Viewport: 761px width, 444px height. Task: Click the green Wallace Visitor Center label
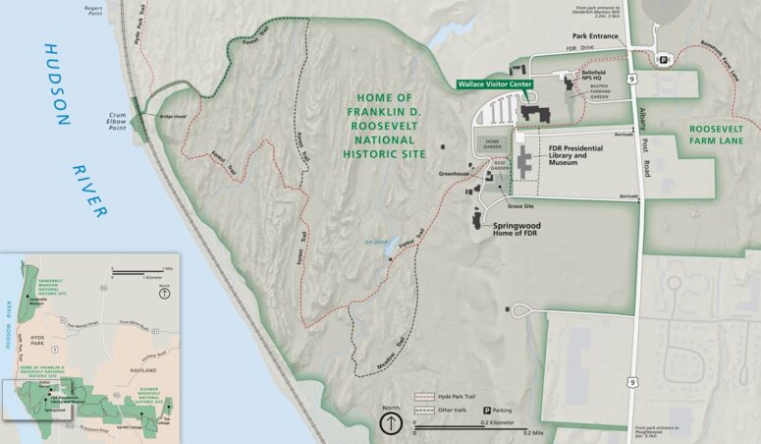(x=496, y=85)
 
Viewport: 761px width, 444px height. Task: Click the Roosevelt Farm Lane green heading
(x=715, y=135)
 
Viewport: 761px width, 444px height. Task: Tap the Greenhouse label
(x=453, y=174)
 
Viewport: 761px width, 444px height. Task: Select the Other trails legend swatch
(x=424, y=409)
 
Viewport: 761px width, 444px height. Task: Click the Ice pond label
(x=376, y=240)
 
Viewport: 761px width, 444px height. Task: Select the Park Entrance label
(x=595, y=35)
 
